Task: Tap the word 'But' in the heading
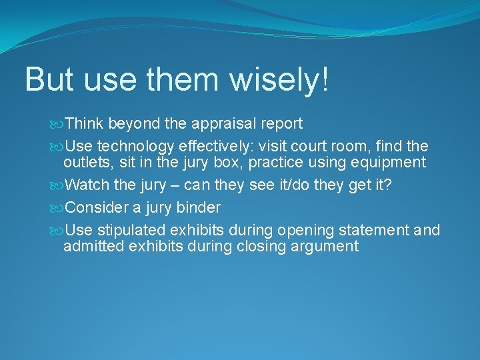pos(48,79)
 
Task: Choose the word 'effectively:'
pos(228,146)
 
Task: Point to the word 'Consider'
pos(97,207)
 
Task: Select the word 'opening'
pos(305,231)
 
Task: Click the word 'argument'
pos(326,247)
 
